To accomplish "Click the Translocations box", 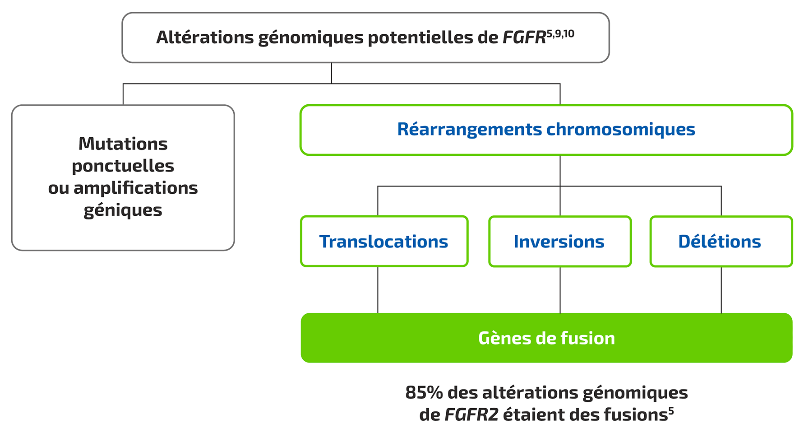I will (x=384, y=242).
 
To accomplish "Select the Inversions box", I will (x=559, y=242).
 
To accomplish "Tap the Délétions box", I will (x=720, y=242).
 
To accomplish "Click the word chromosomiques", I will (x=621, y=130).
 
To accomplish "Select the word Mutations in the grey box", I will (x=123, y=144).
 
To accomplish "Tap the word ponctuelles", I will (x=123, y=166).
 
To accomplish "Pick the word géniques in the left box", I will (x=123, y=210).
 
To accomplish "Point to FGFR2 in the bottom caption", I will (x=471, y=414).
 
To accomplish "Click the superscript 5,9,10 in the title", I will (x=560, y=34).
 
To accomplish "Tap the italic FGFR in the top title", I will (x=524, y=37).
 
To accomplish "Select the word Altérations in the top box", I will (x=205, y=37).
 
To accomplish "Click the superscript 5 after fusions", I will (x=671, y=410).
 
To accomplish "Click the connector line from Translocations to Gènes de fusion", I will (x=378, y=289).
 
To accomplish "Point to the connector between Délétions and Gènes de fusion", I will (x=721, y=289).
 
